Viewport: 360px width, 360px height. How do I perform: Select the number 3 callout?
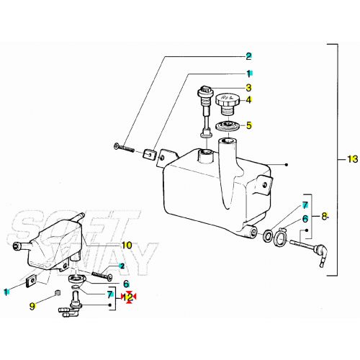(x=249, y=87)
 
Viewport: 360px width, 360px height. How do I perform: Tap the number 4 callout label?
(x=249, y=99)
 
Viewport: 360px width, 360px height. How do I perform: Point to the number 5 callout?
(x=249, y=125)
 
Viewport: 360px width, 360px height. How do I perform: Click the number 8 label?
(x=325, y=215)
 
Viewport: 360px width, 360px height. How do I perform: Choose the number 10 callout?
(x=127, y=246)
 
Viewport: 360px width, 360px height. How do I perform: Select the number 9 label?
(x=32, y=306)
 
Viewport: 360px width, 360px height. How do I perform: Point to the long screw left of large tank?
(x=125, y=148)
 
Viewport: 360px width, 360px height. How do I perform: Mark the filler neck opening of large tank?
(x=207, y=153)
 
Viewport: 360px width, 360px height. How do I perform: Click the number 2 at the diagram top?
(x=249, y=56)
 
